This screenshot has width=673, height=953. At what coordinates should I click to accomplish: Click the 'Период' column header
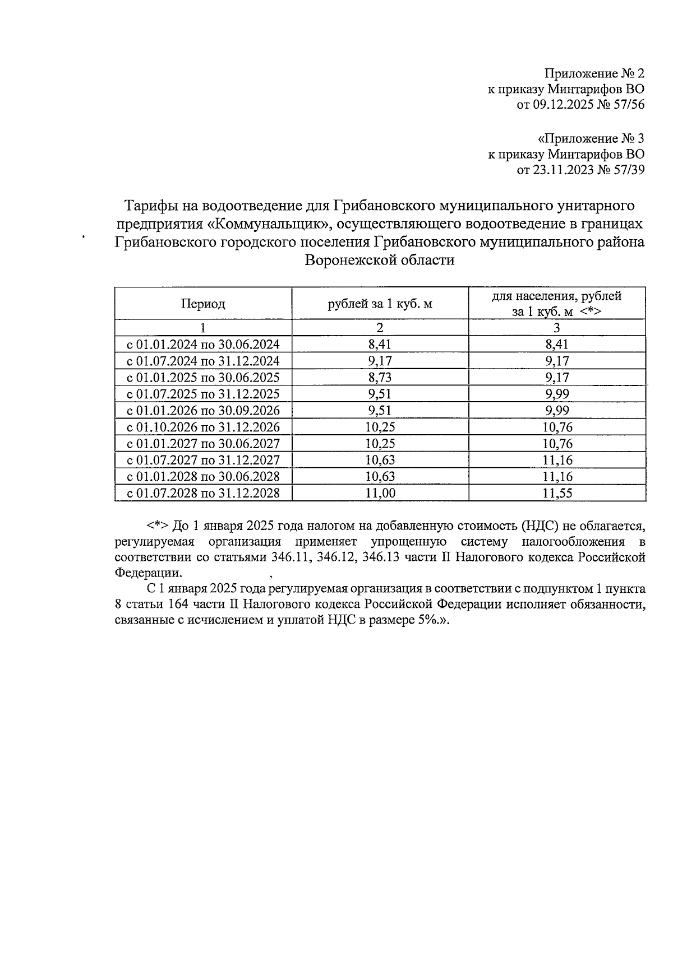click(202, 304)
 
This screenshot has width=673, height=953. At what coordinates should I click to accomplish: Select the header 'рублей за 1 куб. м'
click(380, 304)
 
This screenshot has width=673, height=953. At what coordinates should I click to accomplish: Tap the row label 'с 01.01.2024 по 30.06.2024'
click(203, 344)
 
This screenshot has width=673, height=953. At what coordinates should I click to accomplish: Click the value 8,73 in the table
click(380, 377)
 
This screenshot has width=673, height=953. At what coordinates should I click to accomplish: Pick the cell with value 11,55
click(556, 493)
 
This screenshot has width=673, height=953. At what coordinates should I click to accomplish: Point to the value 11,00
click(380, 493)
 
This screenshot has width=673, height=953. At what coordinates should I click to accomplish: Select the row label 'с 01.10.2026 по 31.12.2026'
click(203, 427)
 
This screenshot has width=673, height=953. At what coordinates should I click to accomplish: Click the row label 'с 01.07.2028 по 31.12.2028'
click(203, 493)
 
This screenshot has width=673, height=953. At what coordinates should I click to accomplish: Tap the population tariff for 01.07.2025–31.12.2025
click(556, 394)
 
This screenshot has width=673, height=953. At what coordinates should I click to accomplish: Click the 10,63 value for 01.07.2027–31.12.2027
click(380, 460)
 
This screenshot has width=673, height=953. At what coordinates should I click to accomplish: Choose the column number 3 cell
click(556, 328)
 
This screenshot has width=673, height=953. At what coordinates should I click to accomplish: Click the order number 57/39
click(628, 170)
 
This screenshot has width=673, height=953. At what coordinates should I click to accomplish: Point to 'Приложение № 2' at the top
click(594, 73)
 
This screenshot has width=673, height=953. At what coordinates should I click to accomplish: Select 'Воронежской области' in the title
click(379, 260)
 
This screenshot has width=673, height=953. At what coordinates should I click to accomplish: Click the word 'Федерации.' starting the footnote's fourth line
click(148, 573)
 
